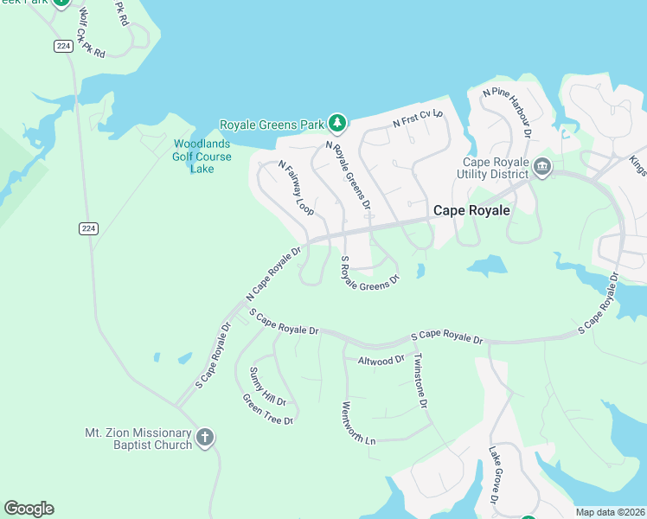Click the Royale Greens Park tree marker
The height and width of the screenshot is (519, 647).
point(337,124)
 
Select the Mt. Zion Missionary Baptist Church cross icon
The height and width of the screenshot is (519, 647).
point(205,438)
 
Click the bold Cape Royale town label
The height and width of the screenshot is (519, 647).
point(471,210)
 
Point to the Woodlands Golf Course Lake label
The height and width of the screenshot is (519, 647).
point(202,157)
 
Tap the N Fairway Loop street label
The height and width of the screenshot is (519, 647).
point(295,187)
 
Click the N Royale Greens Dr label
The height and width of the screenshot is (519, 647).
point(348,176)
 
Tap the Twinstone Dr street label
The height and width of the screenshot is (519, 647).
point(420,381)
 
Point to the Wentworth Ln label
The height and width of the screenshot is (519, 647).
point(359,423)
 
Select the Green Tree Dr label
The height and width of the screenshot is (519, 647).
point(268,410)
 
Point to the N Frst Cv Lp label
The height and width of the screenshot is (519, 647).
point(418,119)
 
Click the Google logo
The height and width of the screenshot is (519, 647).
point(29,509)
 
